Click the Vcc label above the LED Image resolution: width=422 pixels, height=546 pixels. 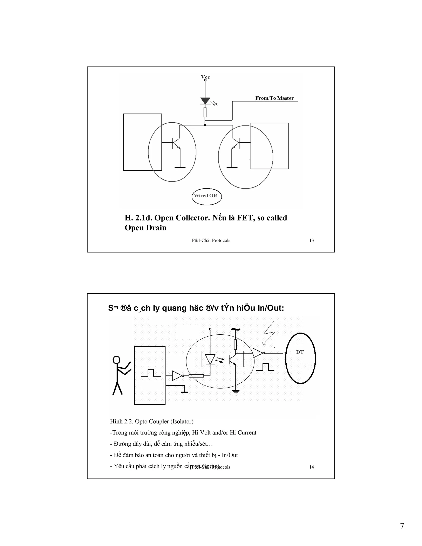pyautogui.click(x=205, y=77)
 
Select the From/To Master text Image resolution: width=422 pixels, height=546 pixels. pyautogui.click(x=274, y=98)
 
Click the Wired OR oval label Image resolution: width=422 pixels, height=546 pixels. pyautogui.click(x=206, y=196)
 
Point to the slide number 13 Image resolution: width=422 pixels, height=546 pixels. pyautogui.click(x=312, y=240)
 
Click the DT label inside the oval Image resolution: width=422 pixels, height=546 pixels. pyautogui.click(x=300, y=352)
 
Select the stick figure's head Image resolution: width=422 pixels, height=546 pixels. pyautogui.click(x=116, y=360)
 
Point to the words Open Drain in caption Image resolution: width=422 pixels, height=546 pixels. pyautogui.click(x=145, y=228)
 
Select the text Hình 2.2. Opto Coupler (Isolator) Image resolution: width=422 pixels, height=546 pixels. pyautogui.click(x=151, y=422)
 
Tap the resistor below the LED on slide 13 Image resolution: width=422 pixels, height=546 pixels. pyautogui.click(x=205, y=112)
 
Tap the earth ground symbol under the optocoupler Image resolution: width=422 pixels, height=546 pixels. pyautogui.click(x=236, y=393)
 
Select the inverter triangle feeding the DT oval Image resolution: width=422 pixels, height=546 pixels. pyautogui.click(x=258, y=353)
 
